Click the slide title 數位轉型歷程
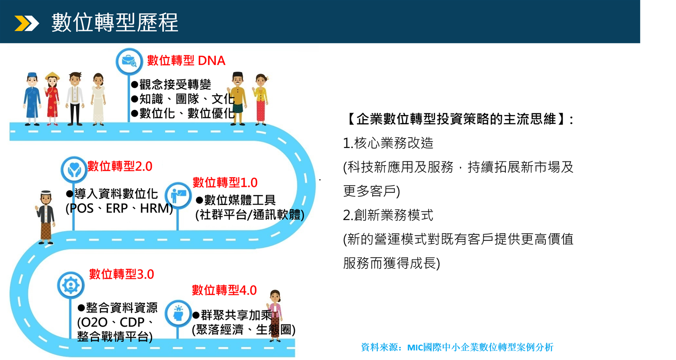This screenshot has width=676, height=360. coord(114,22)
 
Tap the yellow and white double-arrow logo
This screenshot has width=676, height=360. coord(27,23)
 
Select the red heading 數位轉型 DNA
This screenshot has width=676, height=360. coord(186,61)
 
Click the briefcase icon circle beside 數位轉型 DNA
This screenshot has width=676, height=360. coord(129,61)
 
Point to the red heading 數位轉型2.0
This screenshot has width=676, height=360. coord(120,166)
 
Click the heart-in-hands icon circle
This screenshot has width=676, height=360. coord(74,169)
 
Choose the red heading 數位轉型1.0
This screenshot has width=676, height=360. coord(225,183)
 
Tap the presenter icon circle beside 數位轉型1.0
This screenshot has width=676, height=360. coord(178,196)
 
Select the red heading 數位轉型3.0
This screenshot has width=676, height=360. coord(121,274)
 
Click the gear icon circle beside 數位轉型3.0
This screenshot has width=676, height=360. coord(71,285)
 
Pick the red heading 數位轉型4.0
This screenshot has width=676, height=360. coord(224,290)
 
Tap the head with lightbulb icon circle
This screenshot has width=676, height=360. coord(178,313)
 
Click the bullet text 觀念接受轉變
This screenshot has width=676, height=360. coord(171,85)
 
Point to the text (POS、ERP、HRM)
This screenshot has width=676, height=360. coord(119,208)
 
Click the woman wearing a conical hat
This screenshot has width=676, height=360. coord(52,99)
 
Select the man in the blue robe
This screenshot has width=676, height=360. coord(32,99)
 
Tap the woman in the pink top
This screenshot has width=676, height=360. coord(275,316)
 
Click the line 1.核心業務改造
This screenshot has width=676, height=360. coord(388,143)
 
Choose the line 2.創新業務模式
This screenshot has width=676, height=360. coord(388,215)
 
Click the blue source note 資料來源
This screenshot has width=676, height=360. coord(457,347)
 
